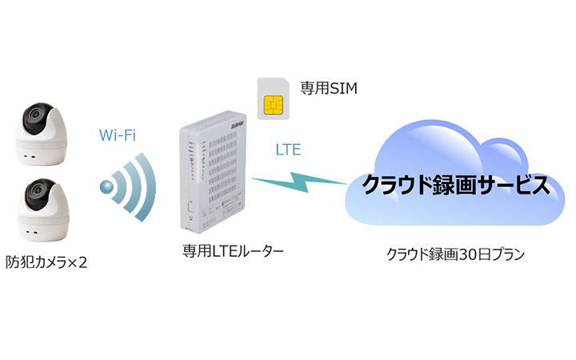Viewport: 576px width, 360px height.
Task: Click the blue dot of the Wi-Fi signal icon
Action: [106, 188]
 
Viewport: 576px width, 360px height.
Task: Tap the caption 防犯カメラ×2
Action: [46, 259]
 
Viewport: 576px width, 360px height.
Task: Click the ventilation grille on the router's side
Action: [226, 172]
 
